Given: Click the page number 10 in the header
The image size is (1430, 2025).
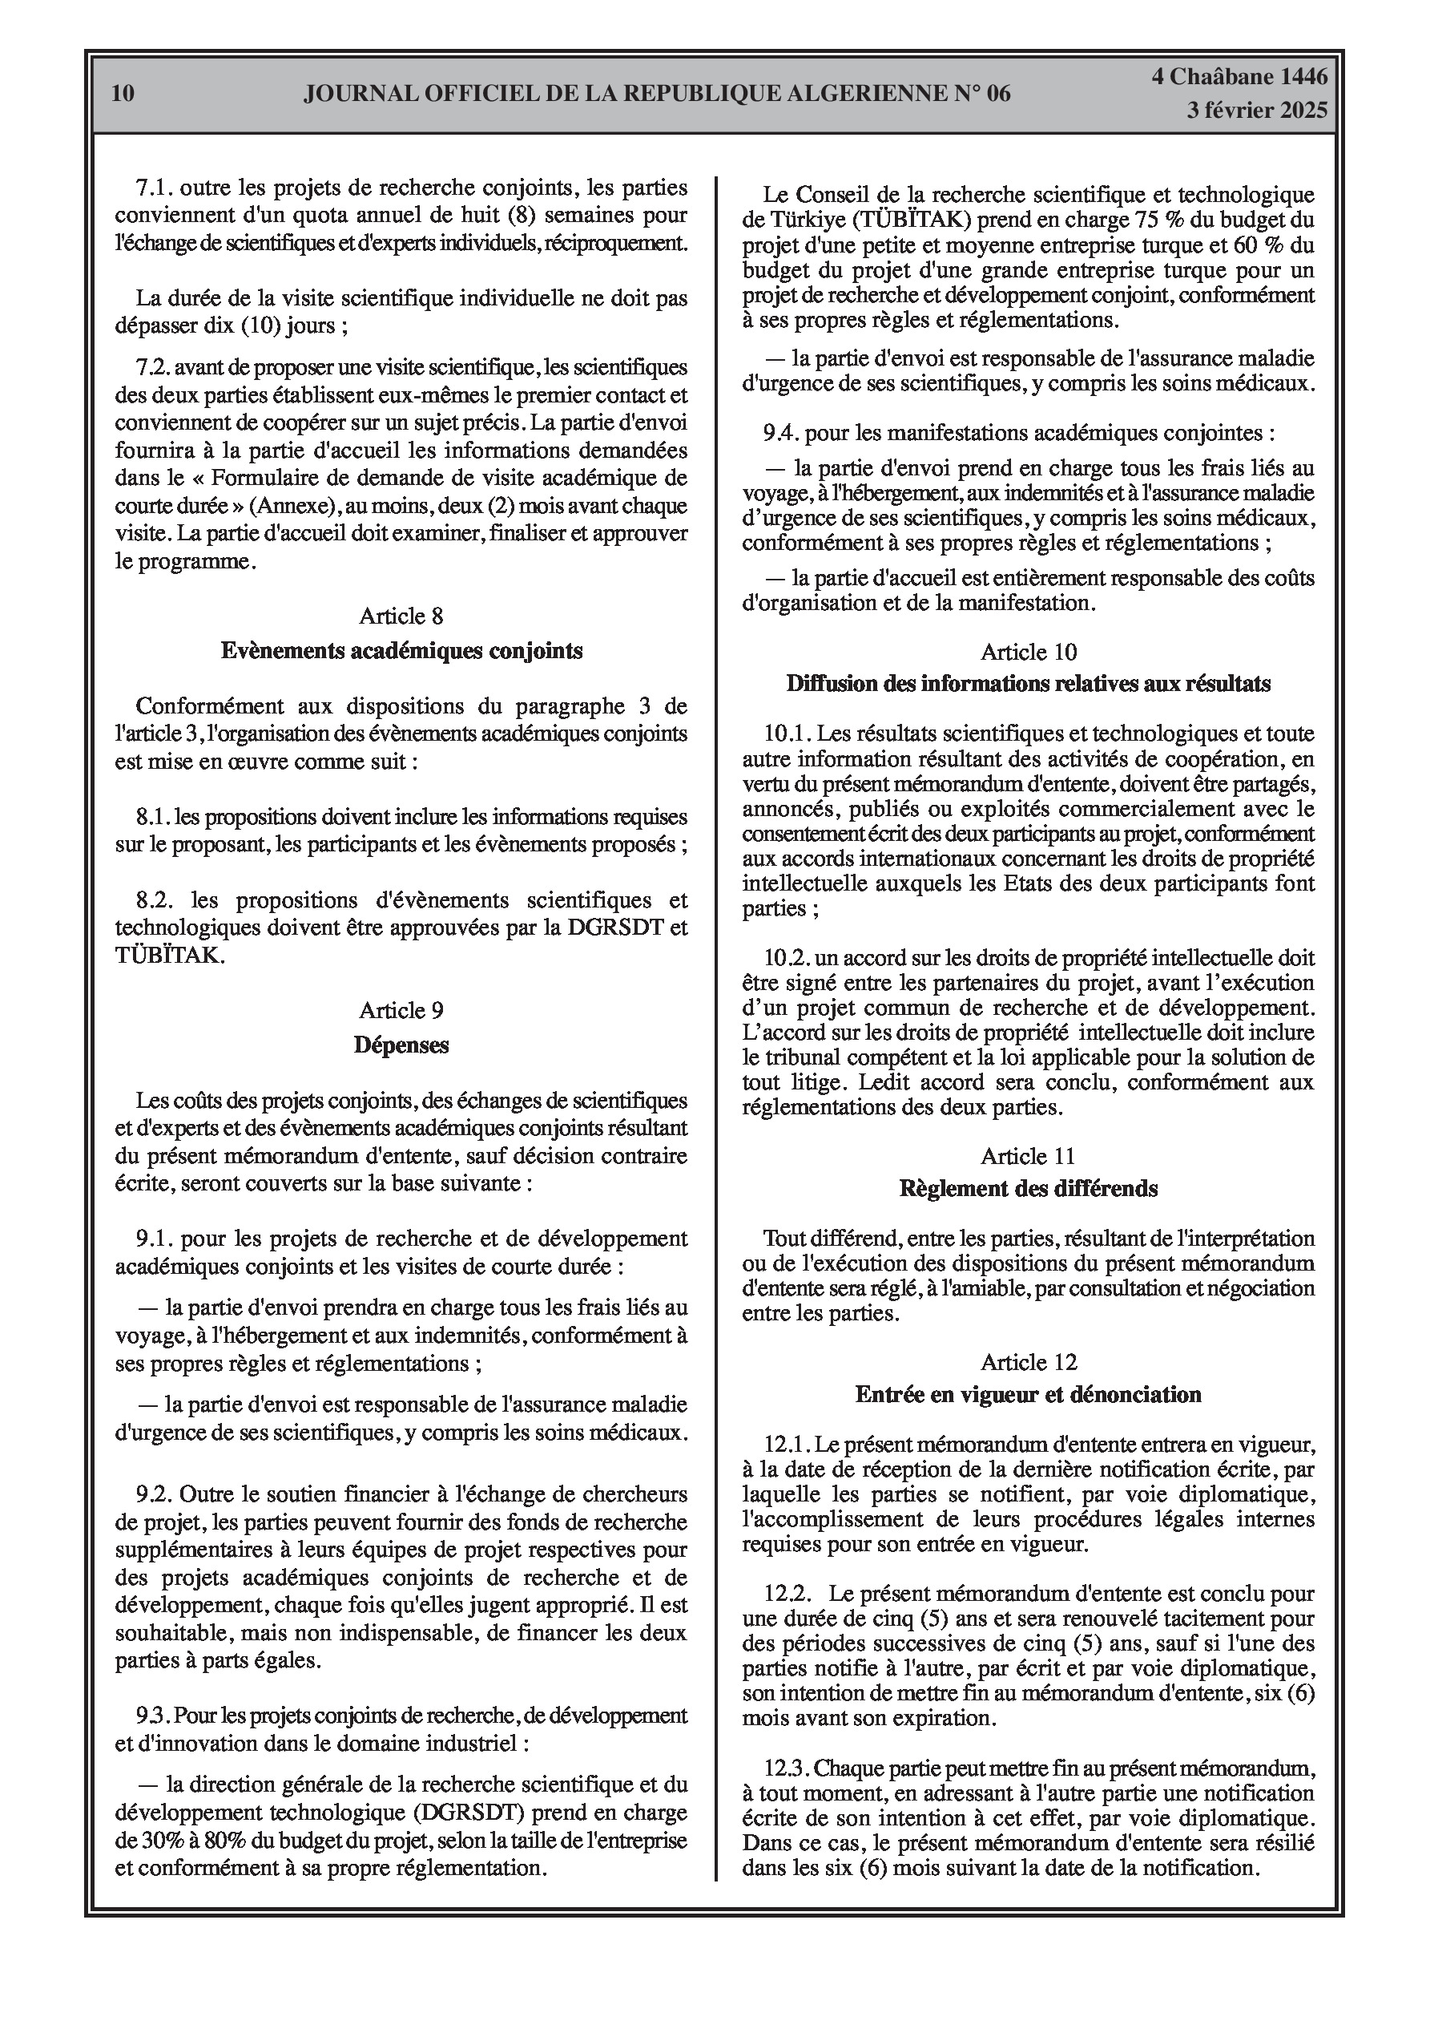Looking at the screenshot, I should pyautogui.click(x=123, y=94).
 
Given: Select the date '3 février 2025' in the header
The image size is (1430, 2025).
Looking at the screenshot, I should pyautogui.click(x=1256, y=111).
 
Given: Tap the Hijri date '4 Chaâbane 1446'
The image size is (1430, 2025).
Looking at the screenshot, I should pyautogui.click(x=1239, y=77).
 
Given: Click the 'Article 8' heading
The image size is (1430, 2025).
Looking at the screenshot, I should pyautogui.click(x=401, y=616).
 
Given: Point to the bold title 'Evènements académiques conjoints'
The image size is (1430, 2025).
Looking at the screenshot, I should pyautogui.click(x=401, y=651).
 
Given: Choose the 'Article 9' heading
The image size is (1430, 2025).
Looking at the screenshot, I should pyautogui.click(x=401, y=1010).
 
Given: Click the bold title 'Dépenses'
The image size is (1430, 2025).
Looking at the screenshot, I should pyautogui.click(x=401, y=1045).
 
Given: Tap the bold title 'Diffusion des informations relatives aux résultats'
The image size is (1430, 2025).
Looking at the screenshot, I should pyautogui.click(x=1028, y=684).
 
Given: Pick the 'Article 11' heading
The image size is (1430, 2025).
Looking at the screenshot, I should pyautogui.click(x=1028, y=1156).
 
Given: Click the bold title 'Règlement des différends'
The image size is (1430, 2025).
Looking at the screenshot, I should pyautogui.click(x=1028, y=1189).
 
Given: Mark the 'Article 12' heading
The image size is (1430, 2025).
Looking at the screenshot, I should pyautogui.click(x=1028, y=1363).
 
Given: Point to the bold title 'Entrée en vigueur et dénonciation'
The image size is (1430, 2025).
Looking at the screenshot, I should pyautogui.click(x=1028, y=1394).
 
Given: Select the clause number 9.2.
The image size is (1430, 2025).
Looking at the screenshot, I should pyautogui.click(x=155, y=1494).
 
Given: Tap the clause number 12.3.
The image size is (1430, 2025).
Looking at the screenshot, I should pyautogui.click(x=787, y=1768).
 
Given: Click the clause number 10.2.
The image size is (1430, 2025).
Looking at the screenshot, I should pyautogui.click(x=787, y=958).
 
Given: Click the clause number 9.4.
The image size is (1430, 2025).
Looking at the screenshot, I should pyautogui.click(x=781, y=432).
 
